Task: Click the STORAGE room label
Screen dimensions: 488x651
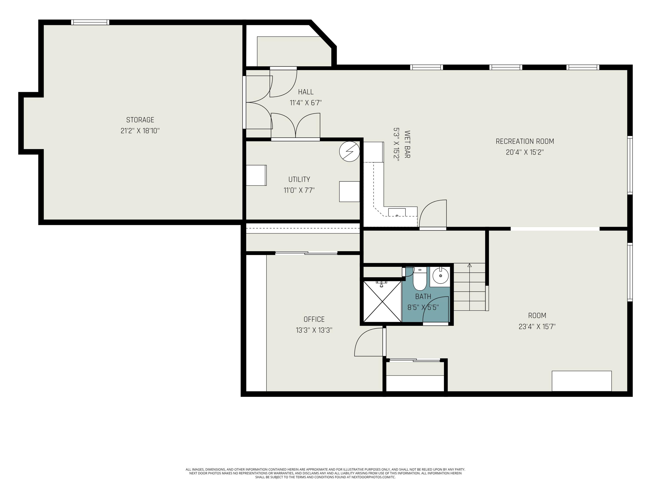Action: [x=140, y=120]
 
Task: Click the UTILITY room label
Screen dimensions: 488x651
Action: [x=299, y=179]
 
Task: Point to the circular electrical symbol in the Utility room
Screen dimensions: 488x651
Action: [x=349, y=151]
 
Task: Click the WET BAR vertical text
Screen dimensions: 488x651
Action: [x=407, y=144]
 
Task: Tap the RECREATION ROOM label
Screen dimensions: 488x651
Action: [x=525, y=141]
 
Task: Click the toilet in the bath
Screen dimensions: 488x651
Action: [x=420, y=280]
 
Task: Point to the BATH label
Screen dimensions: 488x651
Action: [x=423, y=296]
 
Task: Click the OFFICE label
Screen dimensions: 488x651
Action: [x=314, y=319]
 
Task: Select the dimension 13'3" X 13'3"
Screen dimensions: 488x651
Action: [x=314, y=330]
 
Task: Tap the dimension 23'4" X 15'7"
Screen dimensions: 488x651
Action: [x=537, y=326]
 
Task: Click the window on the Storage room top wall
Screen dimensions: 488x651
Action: [x=90, y=22]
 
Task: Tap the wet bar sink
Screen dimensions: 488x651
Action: [x=397, y=212]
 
